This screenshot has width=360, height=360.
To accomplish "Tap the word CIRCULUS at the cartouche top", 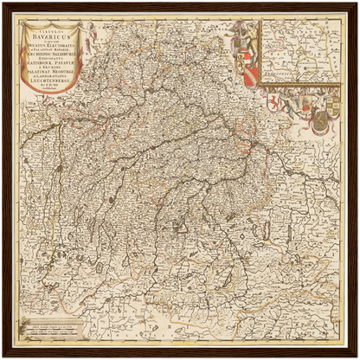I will [x=53, y=33].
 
